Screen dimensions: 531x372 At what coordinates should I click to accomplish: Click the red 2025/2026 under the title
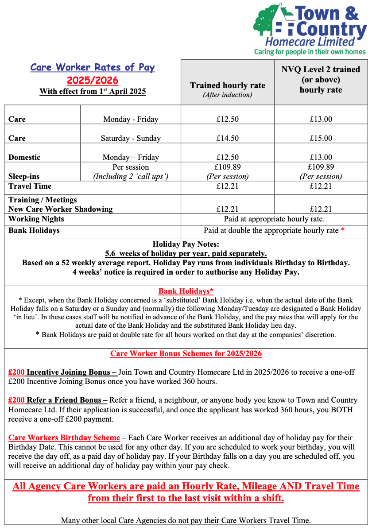[x=93, y=80]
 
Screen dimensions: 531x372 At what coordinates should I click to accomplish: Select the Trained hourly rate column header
[x=228, y=85]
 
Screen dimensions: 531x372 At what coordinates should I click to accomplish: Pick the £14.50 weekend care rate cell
[x=227, y=138]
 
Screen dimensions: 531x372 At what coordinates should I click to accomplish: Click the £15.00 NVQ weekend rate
[x=321, y=138]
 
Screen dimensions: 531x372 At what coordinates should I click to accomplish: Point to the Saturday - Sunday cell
[x=131, y=138]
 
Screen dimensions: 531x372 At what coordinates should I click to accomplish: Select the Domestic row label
[x=24, y=157]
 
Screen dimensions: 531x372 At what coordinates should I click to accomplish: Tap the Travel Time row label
[x=30, y=186]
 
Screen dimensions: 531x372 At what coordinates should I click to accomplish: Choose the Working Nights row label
[x=36, y=219]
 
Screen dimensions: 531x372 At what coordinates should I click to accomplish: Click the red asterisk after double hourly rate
[x=343, y=230]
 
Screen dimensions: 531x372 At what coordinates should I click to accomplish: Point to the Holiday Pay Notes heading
[x=186, y=244]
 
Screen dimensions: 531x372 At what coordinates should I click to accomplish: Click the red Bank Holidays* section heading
[x=186, y=291]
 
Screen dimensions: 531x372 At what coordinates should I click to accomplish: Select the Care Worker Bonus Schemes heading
[x=186, y=353]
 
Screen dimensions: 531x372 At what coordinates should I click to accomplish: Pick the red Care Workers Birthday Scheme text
[x=64, y=438]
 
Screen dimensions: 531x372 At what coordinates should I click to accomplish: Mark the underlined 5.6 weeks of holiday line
[x=186, y=253]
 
